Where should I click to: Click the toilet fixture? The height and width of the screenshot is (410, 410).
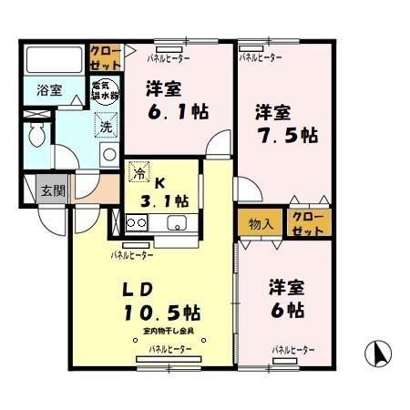(x=37, y=137)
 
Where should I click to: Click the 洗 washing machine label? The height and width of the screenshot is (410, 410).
(x=106, y=128)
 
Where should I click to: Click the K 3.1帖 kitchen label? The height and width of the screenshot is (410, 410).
(x=164, y=191)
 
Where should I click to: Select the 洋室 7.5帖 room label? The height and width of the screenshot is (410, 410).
(x=285, y=125)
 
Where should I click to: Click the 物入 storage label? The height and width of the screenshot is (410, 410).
(x=261, y=223)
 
